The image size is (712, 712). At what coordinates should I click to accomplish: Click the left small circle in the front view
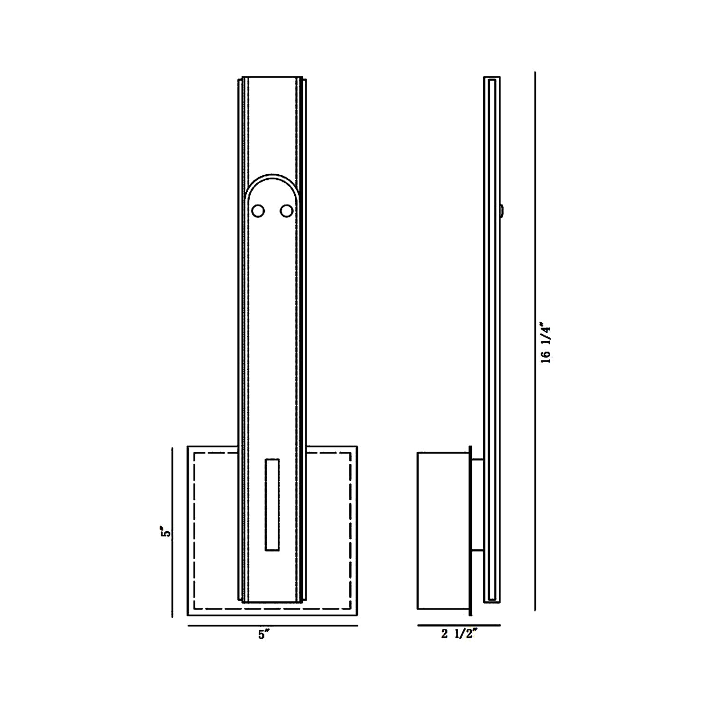coord(258,211)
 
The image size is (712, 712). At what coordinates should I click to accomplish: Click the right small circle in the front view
coord(286,211)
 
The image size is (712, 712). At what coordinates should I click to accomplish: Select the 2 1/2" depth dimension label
coord(459,634)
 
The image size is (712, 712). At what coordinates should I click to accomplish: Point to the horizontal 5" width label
coord(264,634)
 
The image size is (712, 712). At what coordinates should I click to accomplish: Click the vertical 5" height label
coord(165,532)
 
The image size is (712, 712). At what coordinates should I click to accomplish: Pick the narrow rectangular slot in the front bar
coord(272,505)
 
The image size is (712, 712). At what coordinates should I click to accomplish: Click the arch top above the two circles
coord(272,175)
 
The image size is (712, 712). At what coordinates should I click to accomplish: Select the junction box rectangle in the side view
coord(443,531)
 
